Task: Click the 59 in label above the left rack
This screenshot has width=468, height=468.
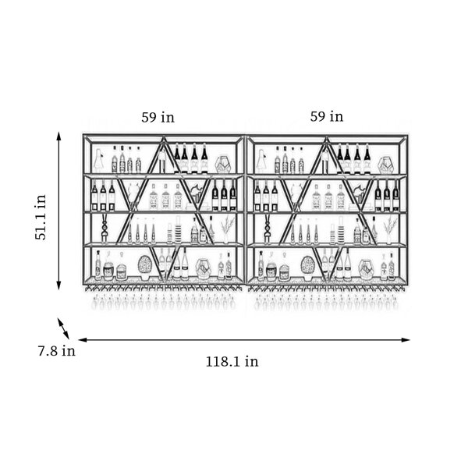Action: point(158,117)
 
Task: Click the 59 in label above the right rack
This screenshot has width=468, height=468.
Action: point(327,116)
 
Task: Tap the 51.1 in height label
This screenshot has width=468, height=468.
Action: point(41,218)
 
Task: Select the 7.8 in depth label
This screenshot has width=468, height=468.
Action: point(57,351)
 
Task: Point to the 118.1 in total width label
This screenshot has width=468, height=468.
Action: point(232,361)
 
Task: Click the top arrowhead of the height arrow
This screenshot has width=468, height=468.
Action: point(58,136)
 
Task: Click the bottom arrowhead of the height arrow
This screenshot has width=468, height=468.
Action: point(58,285)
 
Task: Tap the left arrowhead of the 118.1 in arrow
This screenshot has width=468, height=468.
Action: point(83,339)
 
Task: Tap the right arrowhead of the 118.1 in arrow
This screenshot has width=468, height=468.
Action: point(406,339)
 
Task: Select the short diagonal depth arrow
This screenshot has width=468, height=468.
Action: point(63,328)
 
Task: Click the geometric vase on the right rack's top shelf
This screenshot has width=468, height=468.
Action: point(385,165)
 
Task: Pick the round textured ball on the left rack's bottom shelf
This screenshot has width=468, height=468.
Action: point(145,265)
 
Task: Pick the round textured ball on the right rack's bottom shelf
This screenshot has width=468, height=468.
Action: point(308,266)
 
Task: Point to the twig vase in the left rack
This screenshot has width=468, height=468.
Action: point(227,229)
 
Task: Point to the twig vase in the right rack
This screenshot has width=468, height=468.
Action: point(390,229)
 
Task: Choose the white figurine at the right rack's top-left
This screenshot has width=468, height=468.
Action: point(262,161)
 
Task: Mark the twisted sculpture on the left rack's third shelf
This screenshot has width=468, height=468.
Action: point(105,229)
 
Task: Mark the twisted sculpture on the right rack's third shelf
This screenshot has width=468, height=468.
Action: point(268,229)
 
